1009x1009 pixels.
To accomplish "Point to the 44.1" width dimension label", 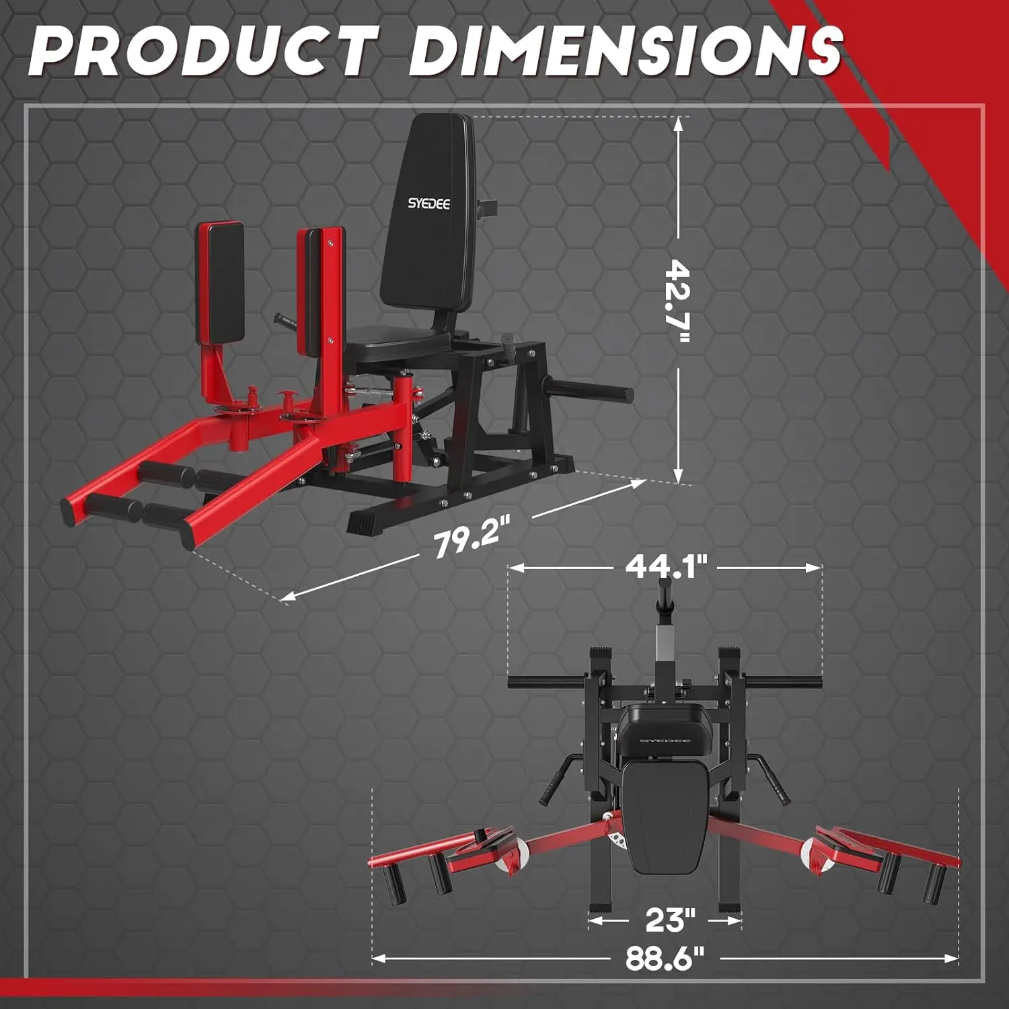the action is click(667, 566).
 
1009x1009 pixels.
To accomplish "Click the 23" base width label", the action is click(670, 920).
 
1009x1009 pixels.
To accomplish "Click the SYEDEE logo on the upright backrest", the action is click(429, 203).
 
